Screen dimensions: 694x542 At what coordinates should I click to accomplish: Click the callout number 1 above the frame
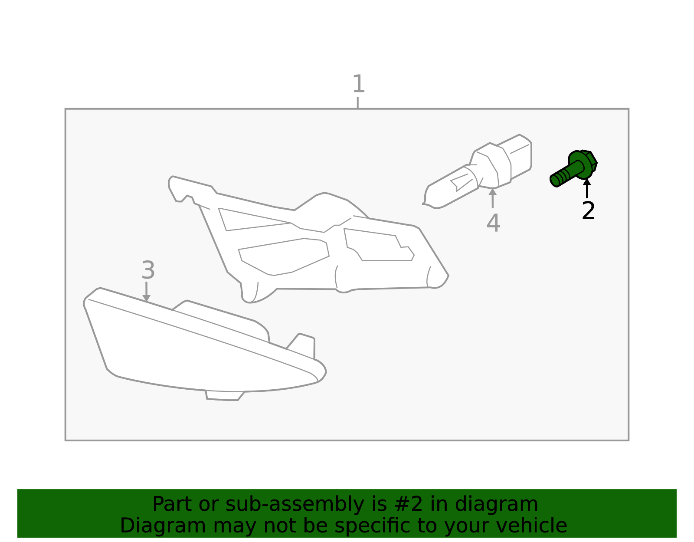[358, 84]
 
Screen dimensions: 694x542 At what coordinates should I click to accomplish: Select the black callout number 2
[588, 210]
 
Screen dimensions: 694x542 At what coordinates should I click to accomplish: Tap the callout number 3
[148, 270]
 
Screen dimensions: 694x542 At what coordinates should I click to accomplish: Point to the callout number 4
[494, 223]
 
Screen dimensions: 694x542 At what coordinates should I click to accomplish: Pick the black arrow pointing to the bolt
[587, 189]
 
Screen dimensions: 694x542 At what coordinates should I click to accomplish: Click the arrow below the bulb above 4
[493, 198]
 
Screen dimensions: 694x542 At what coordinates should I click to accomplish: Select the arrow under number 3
[146, 291]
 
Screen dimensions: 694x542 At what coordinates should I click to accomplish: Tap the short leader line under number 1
[358, 102]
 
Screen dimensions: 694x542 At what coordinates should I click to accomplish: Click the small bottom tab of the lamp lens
[225, 395]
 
